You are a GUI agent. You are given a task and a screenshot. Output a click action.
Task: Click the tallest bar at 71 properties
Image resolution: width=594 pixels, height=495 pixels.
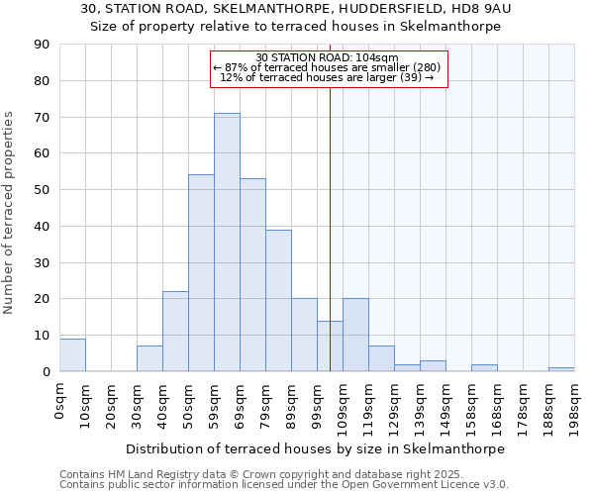(x=227, y=243)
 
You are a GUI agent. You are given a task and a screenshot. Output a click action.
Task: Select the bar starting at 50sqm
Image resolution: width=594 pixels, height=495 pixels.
(x=201, y=273)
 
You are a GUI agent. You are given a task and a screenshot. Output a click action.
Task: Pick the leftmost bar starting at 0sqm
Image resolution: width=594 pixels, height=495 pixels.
(x=72, y=355)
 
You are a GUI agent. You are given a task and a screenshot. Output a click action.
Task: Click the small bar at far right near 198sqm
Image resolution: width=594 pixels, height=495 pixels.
(x=561, y=369)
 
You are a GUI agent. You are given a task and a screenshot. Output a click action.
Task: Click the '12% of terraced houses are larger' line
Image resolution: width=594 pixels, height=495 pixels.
(x=327, y=77)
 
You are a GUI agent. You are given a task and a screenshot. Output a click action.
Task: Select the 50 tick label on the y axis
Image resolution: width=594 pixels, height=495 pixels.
(x=42, y=190)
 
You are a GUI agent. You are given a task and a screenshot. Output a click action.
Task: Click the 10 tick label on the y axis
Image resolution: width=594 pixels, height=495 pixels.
(x=42, y=336)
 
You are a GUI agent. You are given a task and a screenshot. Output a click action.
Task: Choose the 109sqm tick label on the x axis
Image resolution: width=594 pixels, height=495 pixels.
(x=344, y=404)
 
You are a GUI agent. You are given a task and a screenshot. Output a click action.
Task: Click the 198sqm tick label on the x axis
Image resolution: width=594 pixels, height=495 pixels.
(x=575, y=404)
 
